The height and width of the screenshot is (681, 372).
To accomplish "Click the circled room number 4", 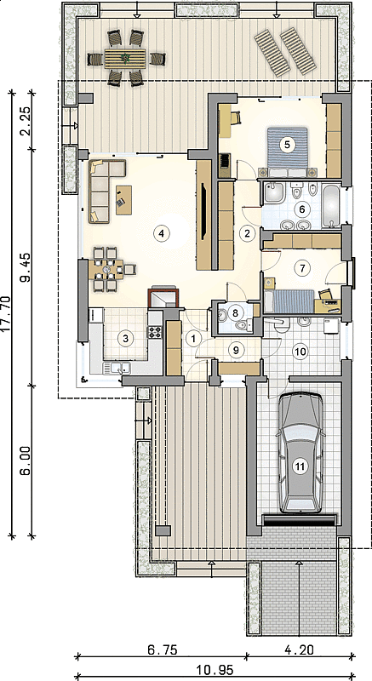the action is click(161, 233).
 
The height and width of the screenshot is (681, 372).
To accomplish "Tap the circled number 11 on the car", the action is click(299, 466).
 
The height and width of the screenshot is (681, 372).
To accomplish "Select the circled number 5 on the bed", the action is click(287, 144).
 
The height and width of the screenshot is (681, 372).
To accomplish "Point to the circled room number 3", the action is click(125, 338).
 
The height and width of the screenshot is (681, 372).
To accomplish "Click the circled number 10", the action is click(300, 352).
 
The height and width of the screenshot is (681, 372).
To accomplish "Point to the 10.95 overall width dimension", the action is click(215, 670).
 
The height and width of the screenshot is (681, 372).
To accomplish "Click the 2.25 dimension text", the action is click(26, 121).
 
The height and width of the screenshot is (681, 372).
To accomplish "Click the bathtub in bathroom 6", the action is click(332, 206).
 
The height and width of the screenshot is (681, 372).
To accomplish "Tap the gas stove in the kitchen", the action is click(155, 332).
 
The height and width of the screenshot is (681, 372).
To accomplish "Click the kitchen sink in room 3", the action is click(117, 369).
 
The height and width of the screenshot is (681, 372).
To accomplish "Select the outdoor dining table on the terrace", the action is click(125, 58).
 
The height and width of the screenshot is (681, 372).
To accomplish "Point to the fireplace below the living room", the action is click(163, 296).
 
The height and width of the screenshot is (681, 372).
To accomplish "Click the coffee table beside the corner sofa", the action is click(123, 200).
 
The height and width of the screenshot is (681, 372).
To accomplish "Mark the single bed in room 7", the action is click(289, 301).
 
